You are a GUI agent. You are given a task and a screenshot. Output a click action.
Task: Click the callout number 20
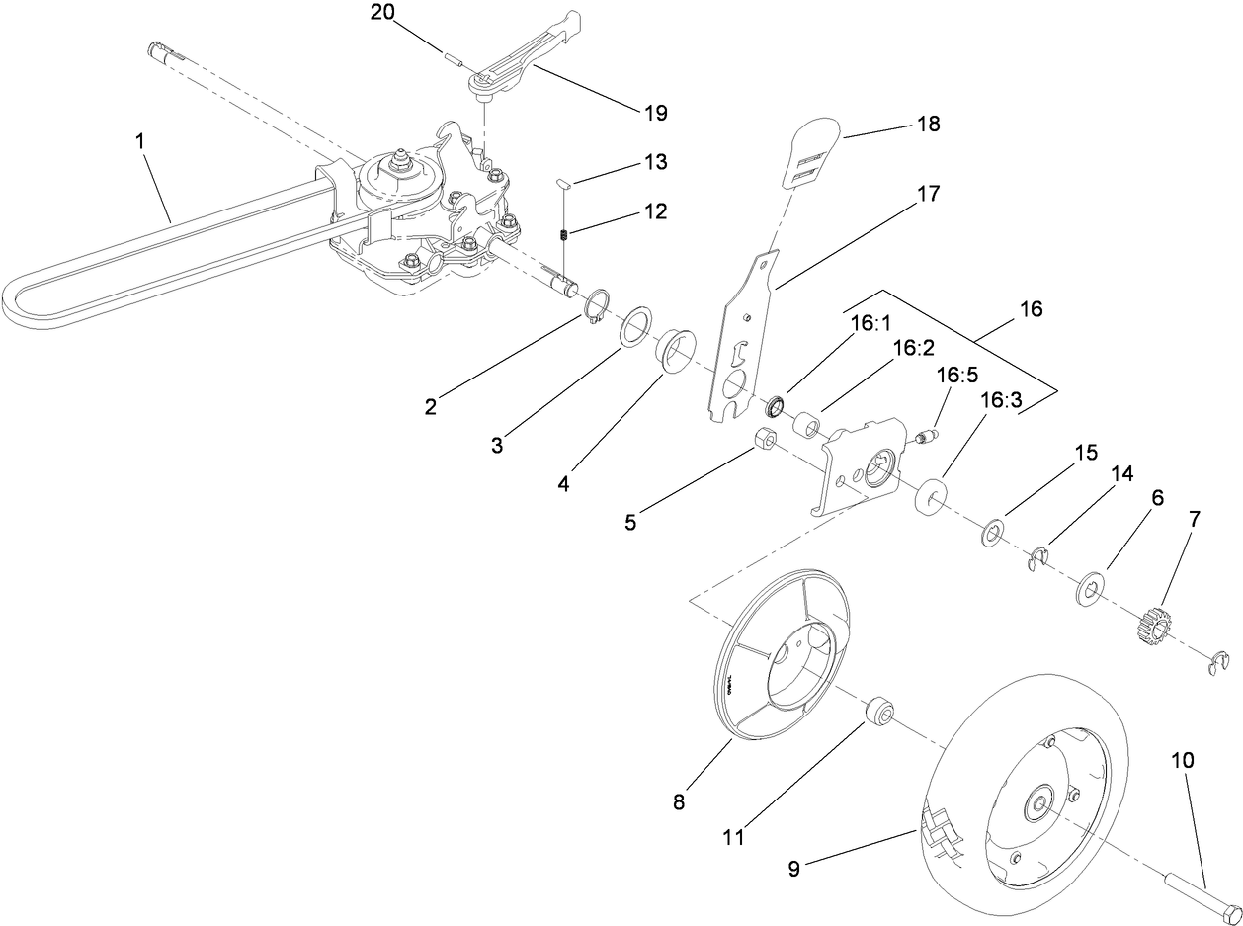click(x=380, y=12)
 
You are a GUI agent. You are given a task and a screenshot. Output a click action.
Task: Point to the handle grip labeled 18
click(x=815, y=152)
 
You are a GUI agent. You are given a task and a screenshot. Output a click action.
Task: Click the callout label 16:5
click(x=955, y=377)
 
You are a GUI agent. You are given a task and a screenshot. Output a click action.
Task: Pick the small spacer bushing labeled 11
click(x=878, y=712)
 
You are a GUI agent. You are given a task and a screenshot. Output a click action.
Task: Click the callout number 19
click(x=655, y=113)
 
